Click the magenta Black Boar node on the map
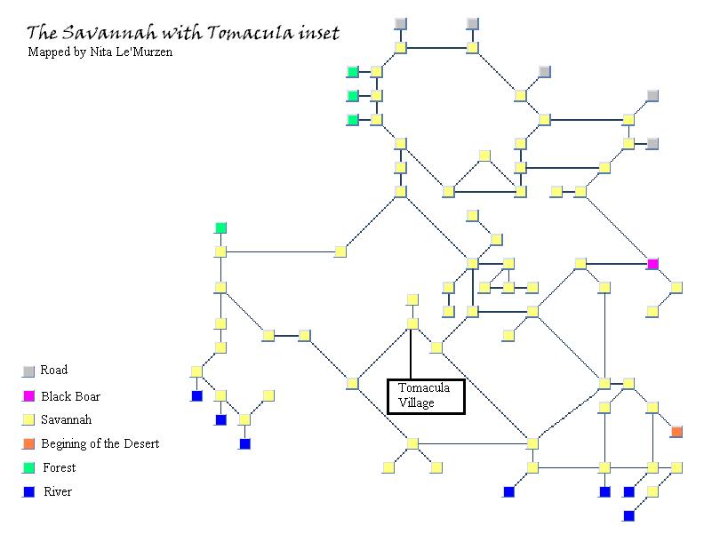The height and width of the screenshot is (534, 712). pyautogui.click(x=652, y=264)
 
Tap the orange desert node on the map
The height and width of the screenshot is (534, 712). pyautogui.click(x=676, y=432)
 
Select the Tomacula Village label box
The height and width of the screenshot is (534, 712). pyautogui.click(x=426, y=396)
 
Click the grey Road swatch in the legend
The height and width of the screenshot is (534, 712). pyautogui.click(x=28, y=371)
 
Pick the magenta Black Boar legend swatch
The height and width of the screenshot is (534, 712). pyautogui.click(x=28, y=396)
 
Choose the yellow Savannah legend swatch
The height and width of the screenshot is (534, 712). pyautogui.click(x=28, y=419)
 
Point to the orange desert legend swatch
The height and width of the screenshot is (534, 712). pyautogui.click(x=28, y=443)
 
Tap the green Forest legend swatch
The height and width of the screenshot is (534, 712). pyautogui.click(x=28, y=467)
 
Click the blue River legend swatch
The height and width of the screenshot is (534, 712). pyautogui.click(x=28, y=491)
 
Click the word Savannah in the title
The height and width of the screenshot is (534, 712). pyautogui.click(x=109, y=33)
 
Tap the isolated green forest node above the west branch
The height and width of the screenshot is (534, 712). pyautogui.click(x=220, y=228)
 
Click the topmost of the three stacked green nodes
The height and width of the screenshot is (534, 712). pyautogui.click(x=353, y=72)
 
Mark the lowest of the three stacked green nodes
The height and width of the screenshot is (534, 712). pyautogui.click(x=353, y=120)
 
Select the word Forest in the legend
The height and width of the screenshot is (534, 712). pyautogui.click(x=60, y=467)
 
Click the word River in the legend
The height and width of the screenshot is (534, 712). pyautogui.click(x=58, y=491)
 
